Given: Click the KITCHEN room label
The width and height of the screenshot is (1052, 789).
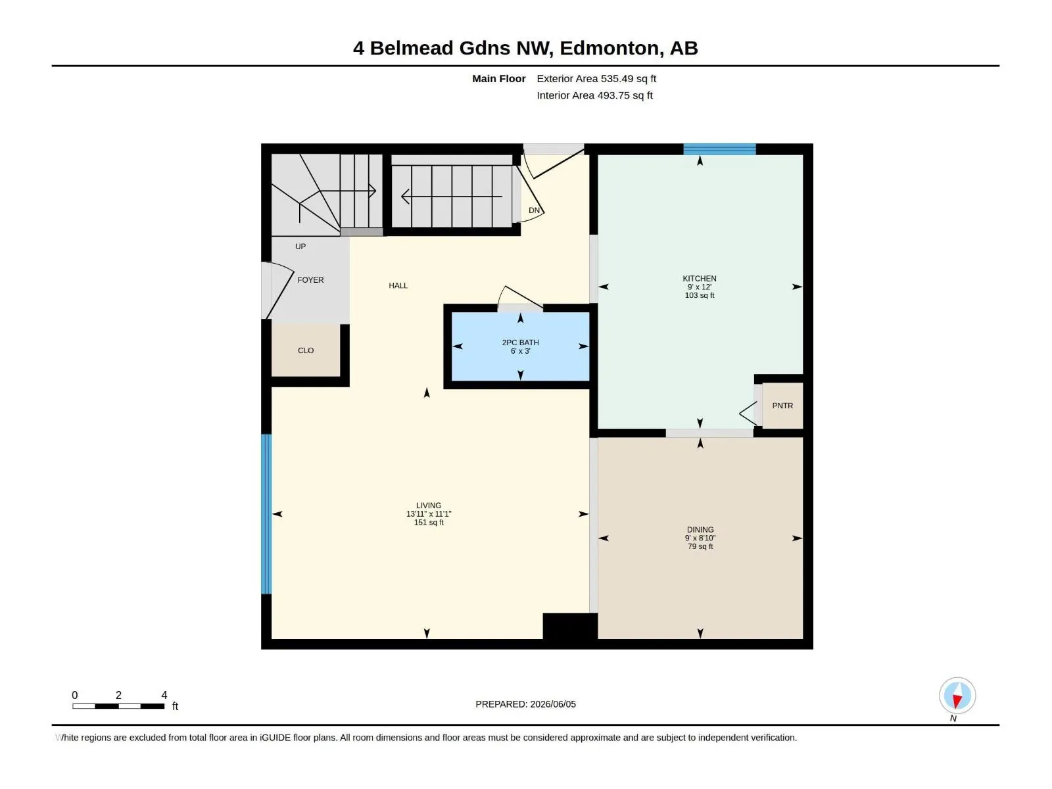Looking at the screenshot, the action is click(700, 278).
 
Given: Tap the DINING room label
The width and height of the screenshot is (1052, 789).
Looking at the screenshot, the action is click(700, 529).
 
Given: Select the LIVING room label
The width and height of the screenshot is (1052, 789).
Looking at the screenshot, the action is click(429, 506).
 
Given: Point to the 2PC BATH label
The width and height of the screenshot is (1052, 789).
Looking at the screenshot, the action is click(520, 343).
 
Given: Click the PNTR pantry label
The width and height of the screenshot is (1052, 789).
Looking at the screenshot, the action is click(782, 406).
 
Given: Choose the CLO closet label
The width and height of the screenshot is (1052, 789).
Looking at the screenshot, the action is click(306, 350).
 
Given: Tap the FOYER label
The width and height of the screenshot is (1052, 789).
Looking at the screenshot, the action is click(310, 280).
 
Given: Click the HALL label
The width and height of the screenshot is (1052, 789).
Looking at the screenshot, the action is click(398, 285).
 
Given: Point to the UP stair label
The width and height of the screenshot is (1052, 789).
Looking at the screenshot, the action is click(300, 246).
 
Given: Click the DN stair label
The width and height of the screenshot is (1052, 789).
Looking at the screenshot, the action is click(534, 210).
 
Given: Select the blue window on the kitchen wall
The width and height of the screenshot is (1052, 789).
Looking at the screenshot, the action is click(719, 149).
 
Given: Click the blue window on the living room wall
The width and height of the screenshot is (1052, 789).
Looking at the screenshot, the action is click(266, 514).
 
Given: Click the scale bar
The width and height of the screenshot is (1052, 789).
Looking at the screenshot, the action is click(118, 706).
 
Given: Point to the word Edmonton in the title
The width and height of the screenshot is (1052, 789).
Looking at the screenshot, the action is click(611, 49).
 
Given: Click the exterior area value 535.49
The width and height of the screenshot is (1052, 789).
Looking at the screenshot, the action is click(617, 78).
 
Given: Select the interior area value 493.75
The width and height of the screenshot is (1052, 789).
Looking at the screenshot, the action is click(613, 95).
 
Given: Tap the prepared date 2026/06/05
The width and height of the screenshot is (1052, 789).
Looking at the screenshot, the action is click(553, 704).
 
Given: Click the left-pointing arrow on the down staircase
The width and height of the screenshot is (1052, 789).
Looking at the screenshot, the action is click(452, 197).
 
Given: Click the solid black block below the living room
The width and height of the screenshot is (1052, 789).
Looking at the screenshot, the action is click(570, 626).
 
